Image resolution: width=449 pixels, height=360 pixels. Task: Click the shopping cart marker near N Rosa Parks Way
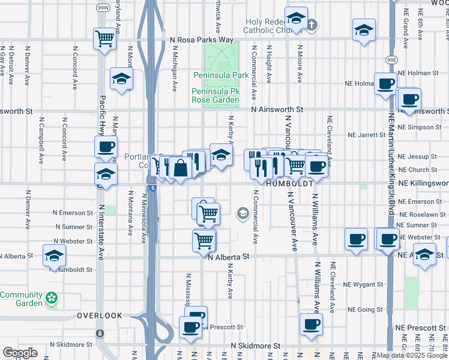[105, 40]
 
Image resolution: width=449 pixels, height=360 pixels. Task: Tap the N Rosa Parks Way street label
[202, 40]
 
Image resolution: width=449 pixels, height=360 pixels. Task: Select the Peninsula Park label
[220, 76]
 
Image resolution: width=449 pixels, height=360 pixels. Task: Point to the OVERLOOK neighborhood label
[100, 316]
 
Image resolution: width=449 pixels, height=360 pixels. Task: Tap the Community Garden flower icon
[52, 297]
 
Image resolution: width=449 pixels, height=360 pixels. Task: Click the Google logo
[20, 353]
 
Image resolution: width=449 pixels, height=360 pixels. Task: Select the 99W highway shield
[102, 8]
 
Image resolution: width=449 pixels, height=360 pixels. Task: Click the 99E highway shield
[391, 60]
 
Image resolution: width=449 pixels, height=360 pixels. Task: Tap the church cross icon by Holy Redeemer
[312, 25]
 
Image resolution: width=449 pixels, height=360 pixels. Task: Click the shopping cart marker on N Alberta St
[203, 240]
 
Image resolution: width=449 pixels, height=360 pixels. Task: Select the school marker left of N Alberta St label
[55, 255]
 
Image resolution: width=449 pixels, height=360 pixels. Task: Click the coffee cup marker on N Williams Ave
[311, 325]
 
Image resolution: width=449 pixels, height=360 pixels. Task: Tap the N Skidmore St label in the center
[256, 346]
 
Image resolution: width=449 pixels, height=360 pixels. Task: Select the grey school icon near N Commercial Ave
[243, 213]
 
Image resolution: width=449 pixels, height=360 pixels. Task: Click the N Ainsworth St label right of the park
[278, 110]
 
